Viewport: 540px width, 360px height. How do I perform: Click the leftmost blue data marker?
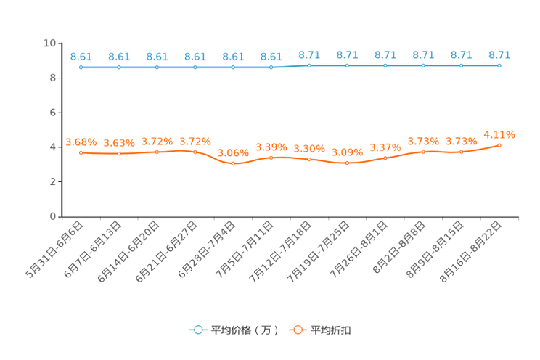click(81, 67)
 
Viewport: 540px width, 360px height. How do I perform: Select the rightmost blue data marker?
click(499, 65)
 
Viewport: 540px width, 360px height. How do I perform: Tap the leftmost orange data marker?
click(81, 153)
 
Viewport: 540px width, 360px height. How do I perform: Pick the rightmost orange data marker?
click(499, 145)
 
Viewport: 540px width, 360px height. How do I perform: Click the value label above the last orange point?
click(499, 134)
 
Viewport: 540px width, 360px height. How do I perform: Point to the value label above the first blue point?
click(81, 56)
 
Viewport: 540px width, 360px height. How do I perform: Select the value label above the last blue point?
click(499, 54)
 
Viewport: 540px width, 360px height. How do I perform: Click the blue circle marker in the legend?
click(197, 330)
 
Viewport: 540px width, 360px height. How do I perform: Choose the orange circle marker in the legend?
click(297, 330)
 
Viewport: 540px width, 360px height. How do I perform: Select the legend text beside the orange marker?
click(332, 330)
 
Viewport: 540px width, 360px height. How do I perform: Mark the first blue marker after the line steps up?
click(309, 65)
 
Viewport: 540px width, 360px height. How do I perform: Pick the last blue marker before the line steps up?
click(271, 67)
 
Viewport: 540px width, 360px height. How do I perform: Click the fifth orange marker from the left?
click(233, 163)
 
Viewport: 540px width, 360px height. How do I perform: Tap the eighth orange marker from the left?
click(348, 163)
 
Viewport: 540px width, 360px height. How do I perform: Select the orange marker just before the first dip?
click(195, 152)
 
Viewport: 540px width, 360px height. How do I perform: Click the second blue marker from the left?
click(119, 67)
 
